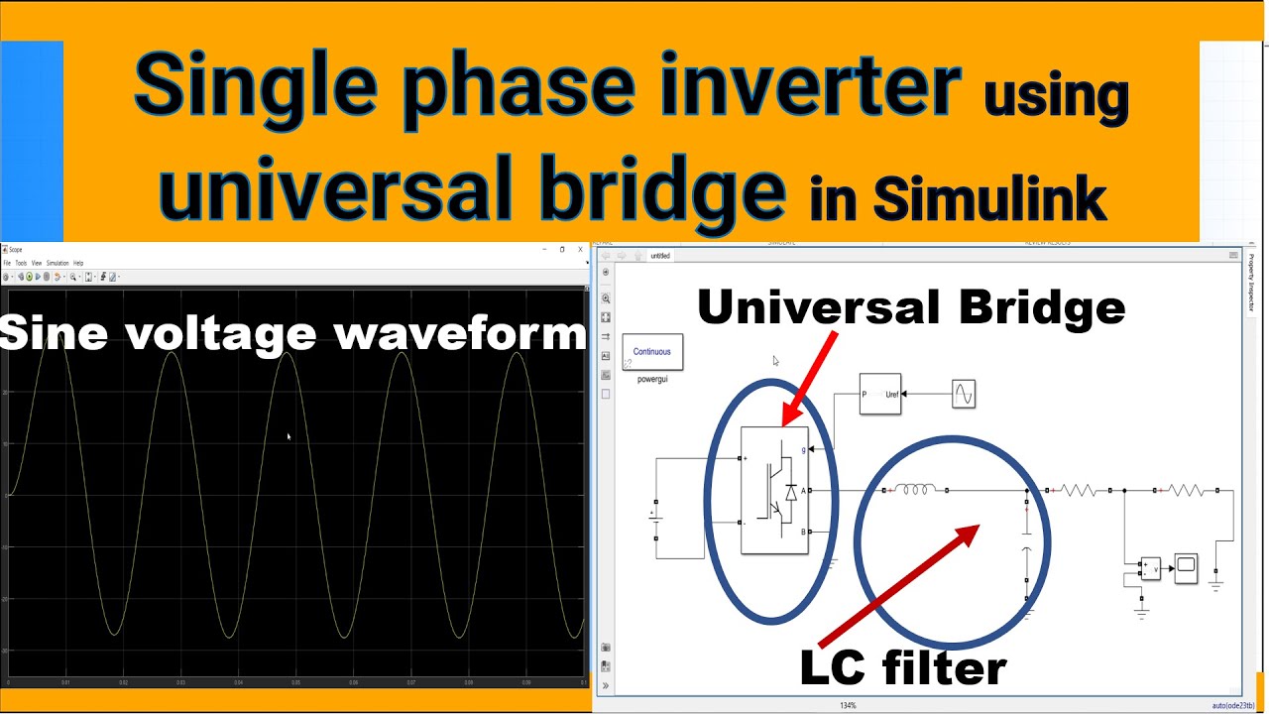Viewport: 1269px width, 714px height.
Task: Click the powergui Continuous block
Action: pos(652,352)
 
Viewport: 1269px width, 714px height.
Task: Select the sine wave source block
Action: pos(964,394)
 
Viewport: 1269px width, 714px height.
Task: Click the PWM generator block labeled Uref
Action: pos(879,394)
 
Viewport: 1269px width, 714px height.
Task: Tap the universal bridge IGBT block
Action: pos(775,490)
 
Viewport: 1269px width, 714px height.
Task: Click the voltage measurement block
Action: pos(1150,568)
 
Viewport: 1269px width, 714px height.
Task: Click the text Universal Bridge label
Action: pos(911,307)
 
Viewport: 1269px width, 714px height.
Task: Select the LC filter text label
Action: pos(903,667)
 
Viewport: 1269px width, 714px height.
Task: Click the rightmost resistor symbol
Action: pos(1187,490)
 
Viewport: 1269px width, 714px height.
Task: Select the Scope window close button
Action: pos(581,249)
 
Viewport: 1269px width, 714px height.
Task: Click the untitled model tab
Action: pos(660,256)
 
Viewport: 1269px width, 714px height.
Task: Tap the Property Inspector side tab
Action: pos(1252,283)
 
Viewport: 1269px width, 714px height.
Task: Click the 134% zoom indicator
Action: pos(848,705)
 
